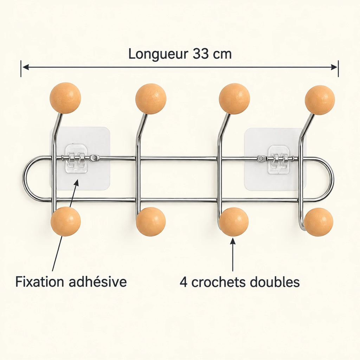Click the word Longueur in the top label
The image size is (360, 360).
click(x=158, y=54)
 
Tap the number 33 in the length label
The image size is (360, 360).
click(x=201, y=54)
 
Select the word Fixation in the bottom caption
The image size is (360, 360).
click(x=39, y=282)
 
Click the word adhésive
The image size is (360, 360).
click(x=98, y=282)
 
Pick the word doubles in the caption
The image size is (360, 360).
click(x=275, y=282)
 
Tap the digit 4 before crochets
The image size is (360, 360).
click(x=183, y=282)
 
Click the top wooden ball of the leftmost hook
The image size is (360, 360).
click(x=65, y=98)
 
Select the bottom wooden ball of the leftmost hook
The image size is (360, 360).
click(x=66, y=221)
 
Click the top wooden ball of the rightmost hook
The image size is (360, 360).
click(x=320, y=100)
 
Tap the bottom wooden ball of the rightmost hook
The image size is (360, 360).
click(x=318, y=222)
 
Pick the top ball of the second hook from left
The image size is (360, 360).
click(x=150, y=99)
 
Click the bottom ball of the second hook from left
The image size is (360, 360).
click(x=150, y=222)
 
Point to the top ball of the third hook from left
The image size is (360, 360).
click(x=234, y=99)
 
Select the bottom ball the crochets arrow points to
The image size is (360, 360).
click(x=234, y=222)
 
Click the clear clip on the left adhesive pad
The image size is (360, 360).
click(x=76, y=159)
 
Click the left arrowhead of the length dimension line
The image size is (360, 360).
click(x=25, y=67)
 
